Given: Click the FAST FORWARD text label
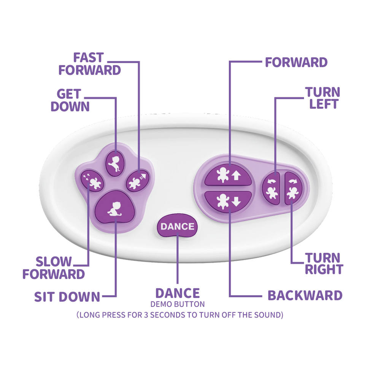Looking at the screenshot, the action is pos(90,64).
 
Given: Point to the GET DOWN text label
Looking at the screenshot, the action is pos(70,100).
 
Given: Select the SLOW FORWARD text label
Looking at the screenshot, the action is pos(54,268).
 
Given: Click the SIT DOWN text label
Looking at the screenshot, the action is pos(67,297).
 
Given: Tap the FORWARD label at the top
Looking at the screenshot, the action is pos(296,62).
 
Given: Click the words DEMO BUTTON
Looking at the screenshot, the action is pos(178,304).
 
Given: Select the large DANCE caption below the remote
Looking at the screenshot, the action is pos(178,293).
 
